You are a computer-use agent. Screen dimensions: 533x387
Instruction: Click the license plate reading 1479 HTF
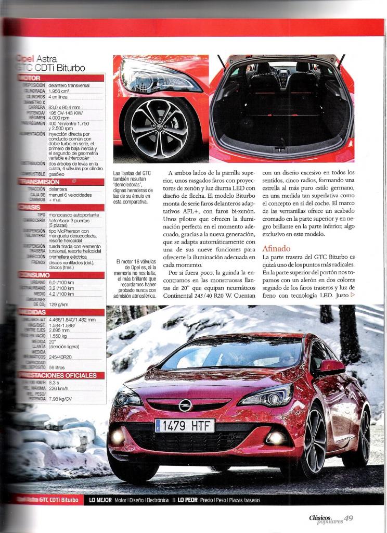pos(185,425)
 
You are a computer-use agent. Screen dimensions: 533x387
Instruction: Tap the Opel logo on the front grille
pos(185,405)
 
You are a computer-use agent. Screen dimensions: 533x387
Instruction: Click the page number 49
pos(349,518)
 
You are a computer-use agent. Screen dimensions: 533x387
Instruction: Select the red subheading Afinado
pos(276,248)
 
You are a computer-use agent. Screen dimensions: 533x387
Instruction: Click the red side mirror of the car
pos(331,366)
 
